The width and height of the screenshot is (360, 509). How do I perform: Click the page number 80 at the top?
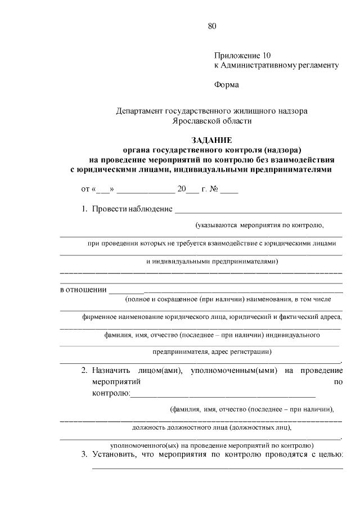(x=212, y=26)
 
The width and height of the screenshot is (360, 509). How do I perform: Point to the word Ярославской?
(x=196, y=120)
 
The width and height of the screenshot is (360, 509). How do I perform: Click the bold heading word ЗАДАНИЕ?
(x=211, y=140)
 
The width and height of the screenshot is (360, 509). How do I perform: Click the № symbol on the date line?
(x=213, y=190)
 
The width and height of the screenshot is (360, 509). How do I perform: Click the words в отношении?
(x=84, y=290)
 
